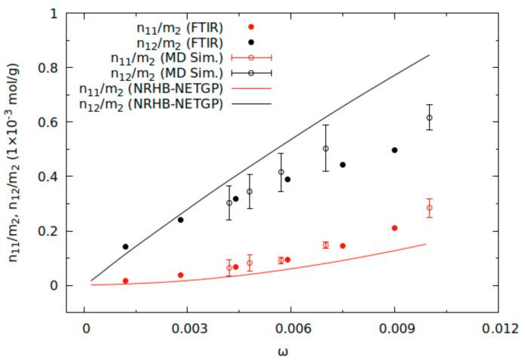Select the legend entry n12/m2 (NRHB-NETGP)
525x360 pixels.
[x=151, y=104]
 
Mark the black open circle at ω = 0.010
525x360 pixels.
[x=429, y=118]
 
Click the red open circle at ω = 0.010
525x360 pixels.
[x=429, y=208]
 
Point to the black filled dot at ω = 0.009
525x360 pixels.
[x=395, y=150]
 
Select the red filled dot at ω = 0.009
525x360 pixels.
[x=395, y=228]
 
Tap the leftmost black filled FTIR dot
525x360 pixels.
[x=125, y=247]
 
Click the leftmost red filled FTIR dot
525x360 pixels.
[x=125, y=281]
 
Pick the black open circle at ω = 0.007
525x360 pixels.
[x=326, y=149]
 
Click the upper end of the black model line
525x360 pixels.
[x=429, y=55]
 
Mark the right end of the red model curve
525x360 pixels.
[x=426, y=244]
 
